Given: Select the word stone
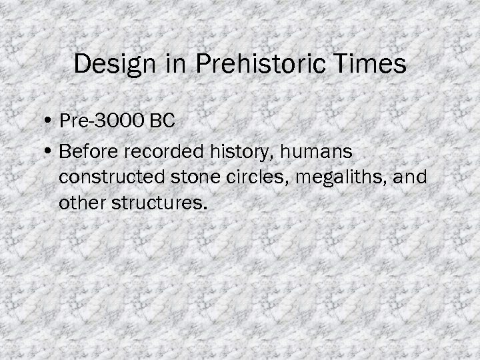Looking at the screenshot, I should click(x=182, y=178).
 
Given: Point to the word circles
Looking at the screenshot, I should click(x=235, y=178).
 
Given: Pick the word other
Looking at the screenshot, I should click(x=79, y=202).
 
